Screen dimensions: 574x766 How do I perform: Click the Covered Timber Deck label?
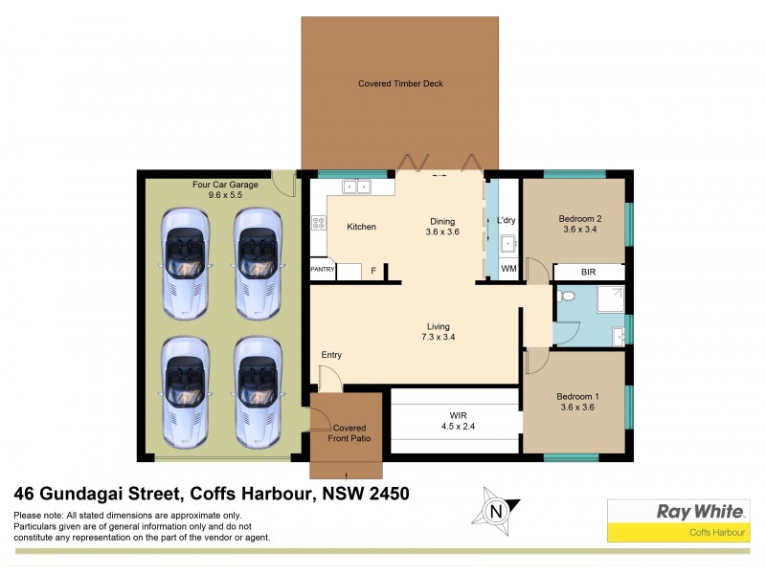pyautogui.click(x=400, y=84)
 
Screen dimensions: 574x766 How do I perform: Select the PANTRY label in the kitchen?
pyautogui.click(x=322, y=271)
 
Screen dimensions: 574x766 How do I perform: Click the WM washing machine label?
pyautogui.click(x=508, y=271)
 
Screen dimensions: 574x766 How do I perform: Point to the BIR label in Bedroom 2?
pyautogui.click(x=588, y=273)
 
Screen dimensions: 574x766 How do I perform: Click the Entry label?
pyautogui.click(x=331, y=355)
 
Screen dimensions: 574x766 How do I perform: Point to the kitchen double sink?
pyautogui.click(x=356, y=187)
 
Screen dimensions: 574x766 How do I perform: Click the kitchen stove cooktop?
pyautogui.click(x=317, y=226)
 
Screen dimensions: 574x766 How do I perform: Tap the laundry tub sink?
pyautogui.click(x=508, y=243)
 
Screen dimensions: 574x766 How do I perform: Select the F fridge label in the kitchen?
pyautogui.click(x=373, y=271)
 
